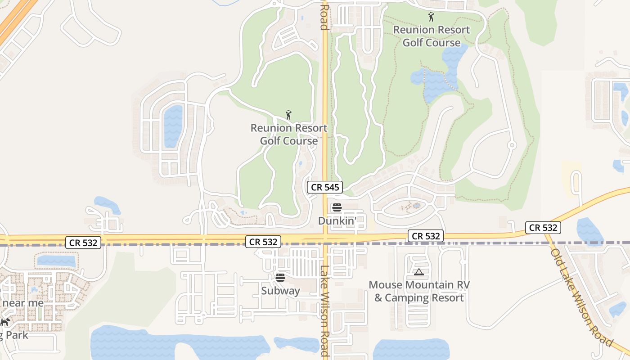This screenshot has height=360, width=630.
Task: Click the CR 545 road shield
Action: [x=324, y=187]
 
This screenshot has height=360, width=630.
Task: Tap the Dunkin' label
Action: [x=337, y=221]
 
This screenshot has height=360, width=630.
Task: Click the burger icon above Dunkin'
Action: [x=337, y=208]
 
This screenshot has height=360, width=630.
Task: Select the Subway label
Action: [x=280, y=291]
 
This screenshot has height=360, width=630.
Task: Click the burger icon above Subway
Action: [x=280, y=278]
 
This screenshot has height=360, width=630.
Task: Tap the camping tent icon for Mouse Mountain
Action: [x=419, y=272]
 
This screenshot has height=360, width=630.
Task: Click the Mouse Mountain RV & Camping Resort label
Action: [x=419, y=291]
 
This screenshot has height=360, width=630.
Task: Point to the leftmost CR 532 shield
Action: [x=84, y=243]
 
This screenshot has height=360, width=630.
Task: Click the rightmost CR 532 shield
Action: [x=543, y=228]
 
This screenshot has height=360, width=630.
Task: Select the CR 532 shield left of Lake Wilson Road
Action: [x=263, y=242]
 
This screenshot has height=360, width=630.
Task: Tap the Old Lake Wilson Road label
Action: [x=581, y=297]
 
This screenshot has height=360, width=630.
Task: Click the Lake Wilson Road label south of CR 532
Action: [x=324, y=310]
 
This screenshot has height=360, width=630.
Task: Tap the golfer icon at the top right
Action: [x=431, y=17]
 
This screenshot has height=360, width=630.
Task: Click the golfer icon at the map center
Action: [x=288, y=115]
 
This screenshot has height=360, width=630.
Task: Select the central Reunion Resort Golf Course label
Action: [x=289, y=135]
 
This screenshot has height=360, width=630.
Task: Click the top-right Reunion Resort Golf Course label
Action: [x=432, y=36]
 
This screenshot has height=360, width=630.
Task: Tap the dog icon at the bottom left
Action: [x=5, y=322]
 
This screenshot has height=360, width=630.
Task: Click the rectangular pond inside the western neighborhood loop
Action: [x=173, y=126]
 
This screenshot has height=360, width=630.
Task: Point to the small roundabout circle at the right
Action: [x=511, y=145]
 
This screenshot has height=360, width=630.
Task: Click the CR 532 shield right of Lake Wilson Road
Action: [x=426, y=236]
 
